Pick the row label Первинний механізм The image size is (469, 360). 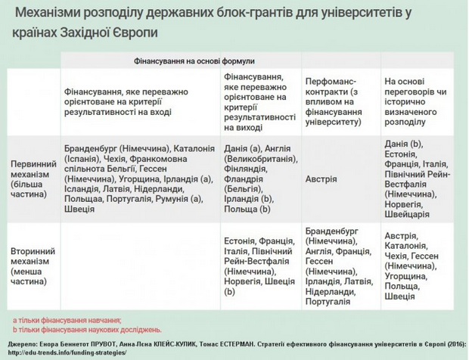point(33,180)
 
